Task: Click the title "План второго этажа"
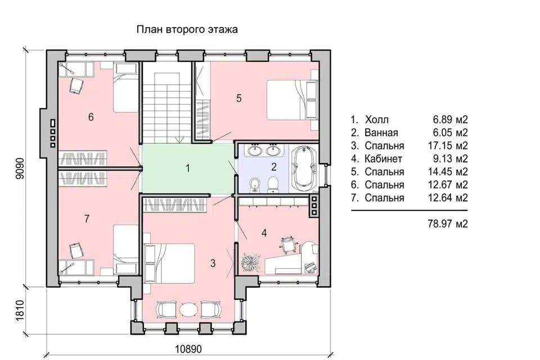(x=187, y=29)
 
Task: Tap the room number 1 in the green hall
(x=188, y=168)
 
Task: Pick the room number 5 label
(x=239, y=98)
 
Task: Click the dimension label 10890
(x=188, y=349)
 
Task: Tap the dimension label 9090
(x=20, y=168)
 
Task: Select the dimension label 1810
(x=20, y=310)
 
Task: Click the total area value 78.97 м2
(x=448, y=224)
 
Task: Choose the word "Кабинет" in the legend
(x=383, y=159)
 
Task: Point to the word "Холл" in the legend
(x=377, y=120)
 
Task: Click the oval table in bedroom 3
(x=189, y=309)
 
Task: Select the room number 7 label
(x=87, y=218)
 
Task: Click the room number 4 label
(x=264, y=233)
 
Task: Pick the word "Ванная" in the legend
(x=381, y=133)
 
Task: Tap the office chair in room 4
(x=288, y=244)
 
